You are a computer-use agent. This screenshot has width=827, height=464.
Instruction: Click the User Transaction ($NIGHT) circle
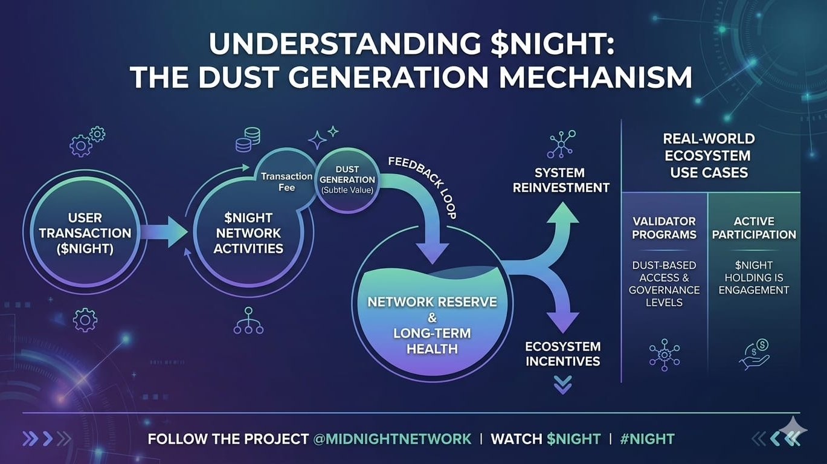pyautogui.click(x=85, y=233)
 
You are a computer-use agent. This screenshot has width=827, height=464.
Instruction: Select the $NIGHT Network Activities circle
pyautogui.click(x=248, y=233)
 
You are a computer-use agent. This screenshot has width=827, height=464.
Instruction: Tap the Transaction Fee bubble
pyautogui.click(x=286, y=181)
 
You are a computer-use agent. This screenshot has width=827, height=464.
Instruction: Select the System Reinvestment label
pyautogui.click(x=561, y=180)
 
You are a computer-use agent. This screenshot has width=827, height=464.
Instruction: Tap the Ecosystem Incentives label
pyautogui.click(x=562, y=354)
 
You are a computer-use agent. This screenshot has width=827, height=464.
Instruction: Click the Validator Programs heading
pyautogui.click(x=664, y=228)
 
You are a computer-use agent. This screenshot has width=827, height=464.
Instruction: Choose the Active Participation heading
pyautogui.click(x=754, y=228)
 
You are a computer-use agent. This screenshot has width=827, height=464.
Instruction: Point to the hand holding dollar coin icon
pyautogui.click(x=755, y=353)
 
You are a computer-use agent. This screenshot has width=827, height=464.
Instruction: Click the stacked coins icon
pyautogui.click(x=248, y=140)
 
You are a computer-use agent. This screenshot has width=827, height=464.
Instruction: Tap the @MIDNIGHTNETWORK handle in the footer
pyautogui.click(x=393, y=439)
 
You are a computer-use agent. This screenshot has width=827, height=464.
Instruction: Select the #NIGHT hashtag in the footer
pyautogui.click(x=647, y=439)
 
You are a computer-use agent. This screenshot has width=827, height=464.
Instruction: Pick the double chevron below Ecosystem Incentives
pyautogui.click(x=562, y=385)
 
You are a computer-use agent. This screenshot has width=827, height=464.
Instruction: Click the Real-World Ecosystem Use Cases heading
pyautogui.click(x=709, y=156)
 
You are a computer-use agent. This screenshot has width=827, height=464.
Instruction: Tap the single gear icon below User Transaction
pyautogui.click(x=85, y=319)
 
